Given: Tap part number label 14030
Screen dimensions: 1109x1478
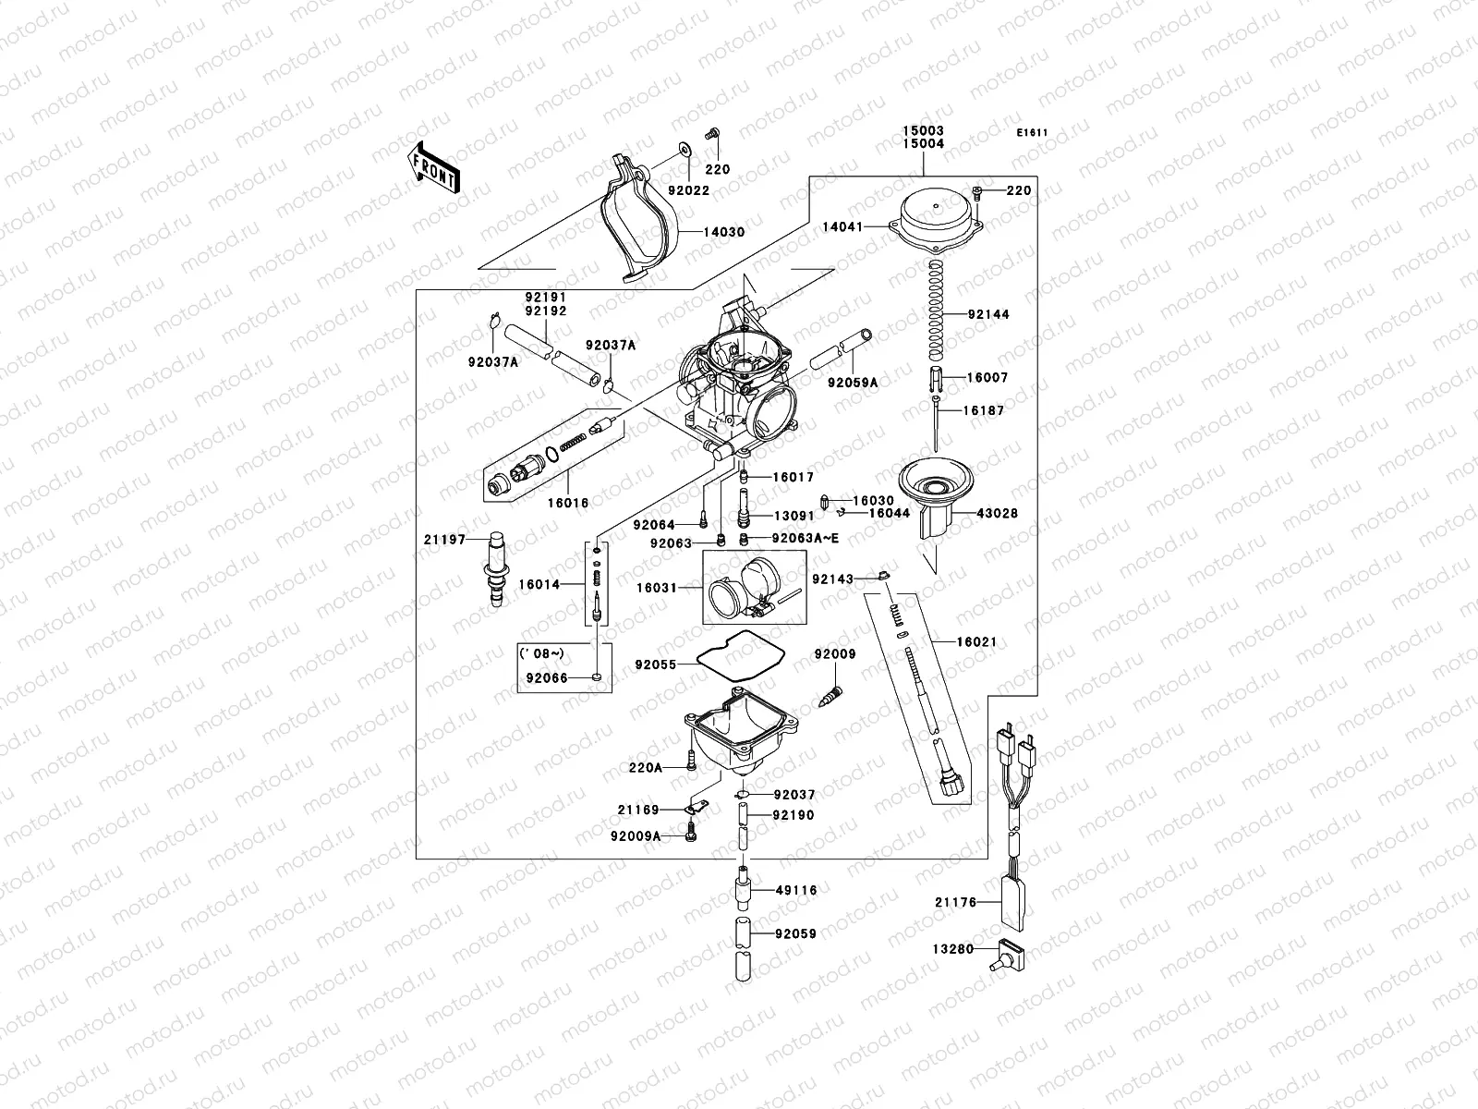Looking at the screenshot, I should click(724, 233).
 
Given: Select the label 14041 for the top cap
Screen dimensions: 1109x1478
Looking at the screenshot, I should click(843, 225).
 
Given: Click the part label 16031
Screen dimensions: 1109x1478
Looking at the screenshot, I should click(657, 588).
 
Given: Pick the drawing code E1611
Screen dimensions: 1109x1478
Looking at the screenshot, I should click(1032, 133).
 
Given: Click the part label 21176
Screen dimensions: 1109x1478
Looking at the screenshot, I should click(955, 903).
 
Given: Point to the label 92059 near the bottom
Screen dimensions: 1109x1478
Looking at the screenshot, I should click(795, 934).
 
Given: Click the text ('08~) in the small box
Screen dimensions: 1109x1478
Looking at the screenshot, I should click(541, 653).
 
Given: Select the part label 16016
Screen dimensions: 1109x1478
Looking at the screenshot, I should click(567, 503).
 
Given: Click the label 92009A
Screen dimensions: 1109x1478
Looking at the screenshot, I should click(636, 836).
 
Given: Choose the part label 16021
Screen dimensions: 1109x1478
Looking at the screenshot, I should click(976, 641).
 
